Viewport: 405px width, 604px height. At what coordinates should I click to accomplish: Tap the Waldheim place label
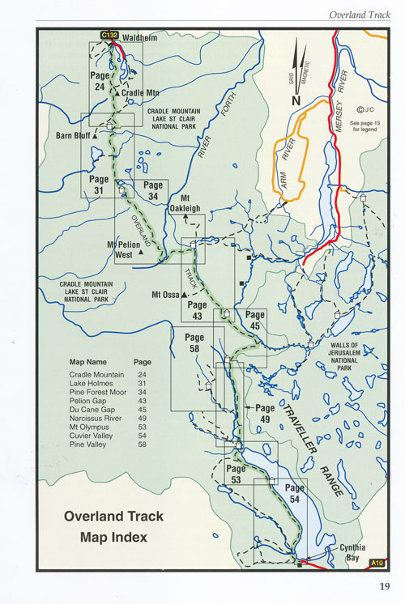[x=139, y=37]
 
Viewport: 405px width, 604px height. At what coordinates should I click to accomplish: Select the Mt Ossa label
[x=167, y=294]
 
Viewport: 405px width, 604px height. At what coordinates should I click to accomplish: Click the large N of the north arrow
[x=296, y=100]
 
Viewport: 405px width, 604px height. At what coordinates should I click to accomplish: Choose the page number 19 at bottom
[x=383, y=587]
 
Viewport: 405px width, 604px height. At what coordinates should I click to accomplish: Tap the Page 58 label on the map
[x=194, y=342]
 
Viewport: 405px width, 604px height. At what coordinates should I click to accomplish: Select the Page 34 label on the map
[x=153, y=190]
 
